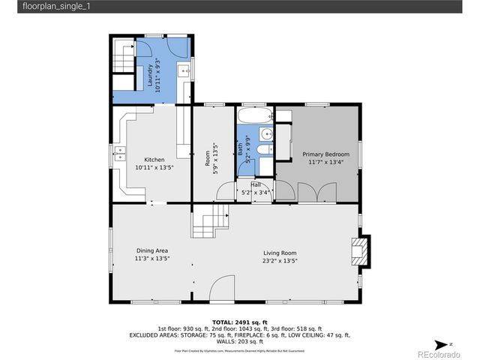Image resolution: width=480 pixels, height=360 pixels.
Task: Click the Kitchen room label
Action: click(154, 160)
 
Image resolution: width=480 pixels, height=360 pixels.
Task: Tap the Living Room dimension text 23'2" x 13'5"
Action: click(280, 261)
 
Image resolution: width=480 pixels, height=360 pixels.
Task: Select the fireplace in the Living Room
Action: click(361, 251)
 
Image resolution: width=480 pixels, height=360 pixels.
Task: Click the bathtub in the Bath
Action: click(255, 116)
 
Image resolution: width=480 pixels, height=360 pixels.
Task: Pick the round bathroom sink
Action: click(265, 134)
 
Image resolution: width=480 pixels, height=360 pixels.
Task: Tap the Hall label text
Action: click(256, 184)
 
